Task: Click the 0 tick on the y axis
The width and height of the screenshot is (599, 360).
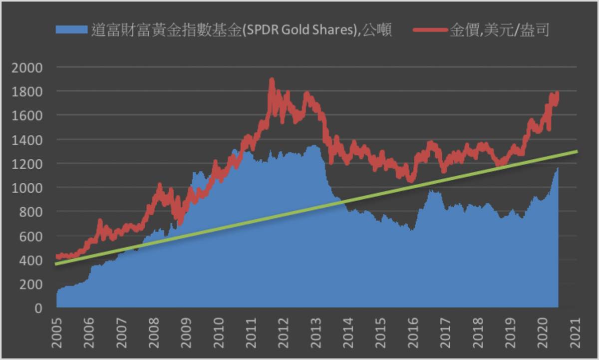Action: point(38,309)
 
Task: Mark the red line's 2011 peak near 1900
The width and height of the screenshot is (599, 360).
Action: point(272,80)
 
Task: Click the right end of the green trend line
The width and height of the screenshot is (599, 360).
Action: point(578,151)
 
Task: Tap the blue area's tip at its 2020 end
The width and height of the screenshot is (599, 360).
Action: point(558,169)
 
